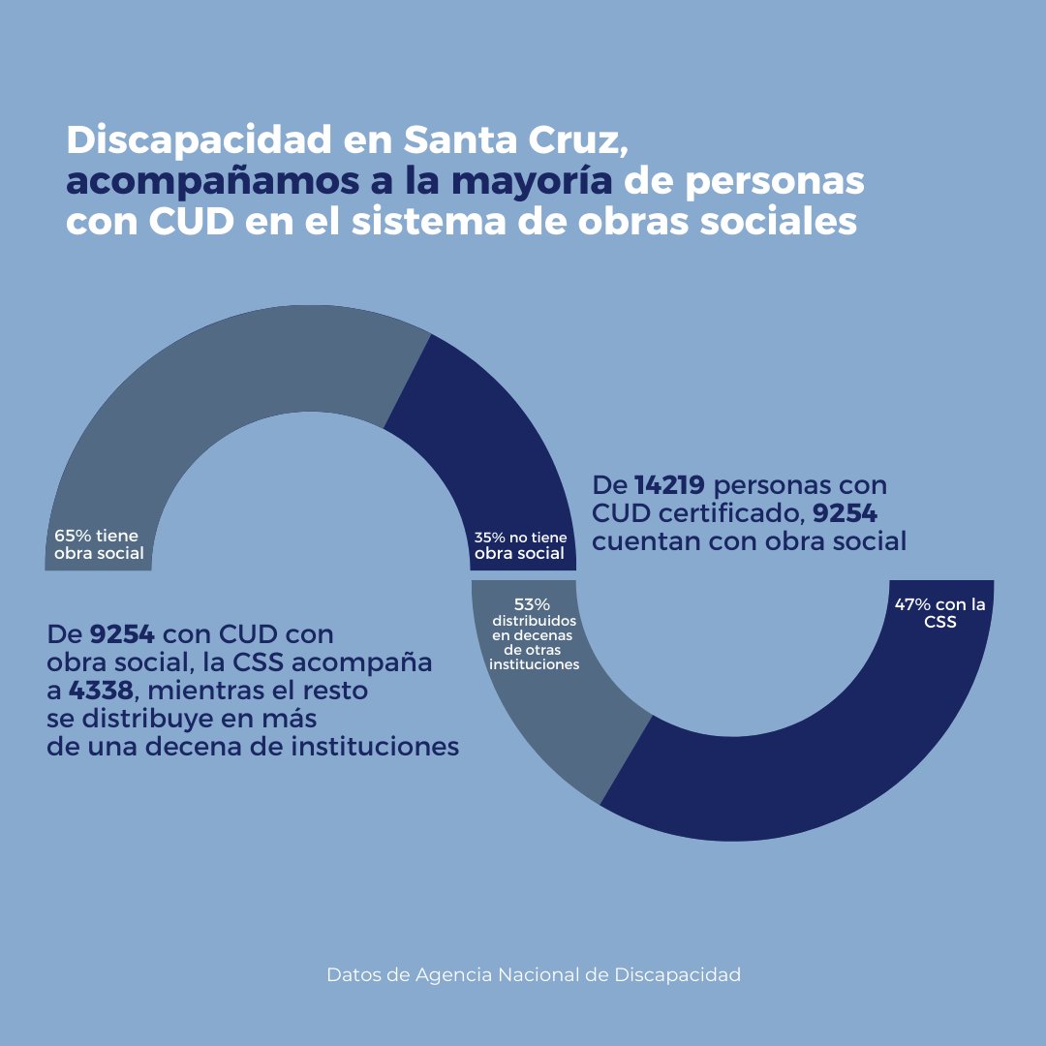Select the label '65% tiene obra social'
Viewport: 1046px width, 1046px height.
(99, 544)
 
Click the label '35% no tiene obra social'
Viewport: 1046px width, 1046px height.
(520, 545)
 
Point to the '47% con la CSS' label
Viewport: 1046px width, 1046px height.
(939, 613)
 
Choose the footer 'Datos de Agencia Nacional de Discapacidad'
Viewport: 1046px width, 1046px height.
(534, 974)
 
